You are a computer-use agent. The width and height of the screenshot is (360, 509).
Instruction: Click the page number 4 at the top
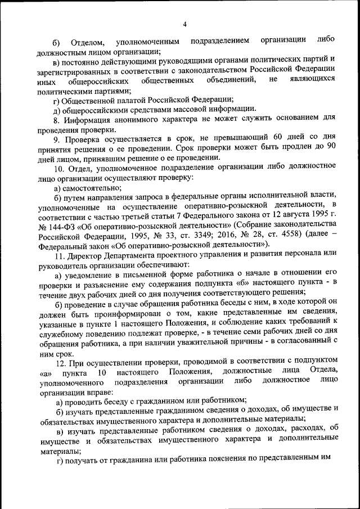pyautogui.click(x=184, y=24)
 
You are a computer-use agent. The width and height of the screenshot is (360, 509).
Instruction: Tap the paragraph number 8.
pyautogui.click(x=56, y=119)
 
